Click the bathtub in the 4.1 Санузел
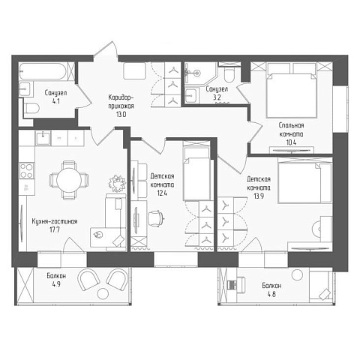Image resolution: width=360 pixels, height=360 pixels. pos(43,71)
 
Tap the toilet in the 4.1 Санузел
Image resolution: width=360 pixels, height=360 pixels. pos(32,109)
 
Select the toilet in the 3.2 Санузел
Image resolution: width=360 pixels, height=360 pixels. pos(229,74)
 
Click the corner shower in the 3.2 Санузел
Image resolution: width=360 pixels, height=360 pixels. pos(200,73)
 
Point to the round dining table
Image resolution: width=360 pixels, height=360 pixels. pos(69,180)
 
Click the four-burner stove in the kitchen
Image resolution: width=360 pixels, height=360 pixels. pos(26,170)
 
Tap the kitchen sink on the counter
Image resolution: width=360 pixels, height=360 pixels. pos(43,138)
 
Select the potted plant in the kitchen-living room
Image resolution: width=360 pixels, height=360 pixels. pos(117,183)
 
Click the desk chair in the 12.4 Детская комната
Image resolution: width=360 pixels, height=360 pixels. pos(156,218)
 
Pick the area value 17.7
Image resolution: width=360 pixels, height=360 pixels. pos(55,230)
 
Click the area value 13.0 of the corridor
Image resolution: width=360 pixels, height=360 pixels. pos(121,115)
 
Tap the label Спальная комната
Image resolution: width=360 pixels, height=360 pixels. pos(292,130)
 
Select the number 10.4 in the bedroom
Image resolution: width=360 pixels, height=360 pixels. pos(292,142)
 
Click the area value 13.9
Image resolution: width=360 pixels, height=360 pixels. pos(259,196)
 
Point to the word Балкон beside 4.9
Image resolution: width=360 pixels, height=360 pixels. pos(56,276)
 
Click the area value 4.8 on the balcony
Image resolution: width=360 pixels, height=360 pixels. pos(271,294)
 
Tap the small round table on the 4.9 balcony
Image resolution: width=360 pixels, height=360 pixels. pos(103,293)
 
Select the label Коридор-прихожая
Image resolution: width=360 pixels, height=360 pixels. pos(121,101)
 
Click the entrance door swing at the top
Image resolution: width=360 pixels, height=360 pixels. pos(106,50)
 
